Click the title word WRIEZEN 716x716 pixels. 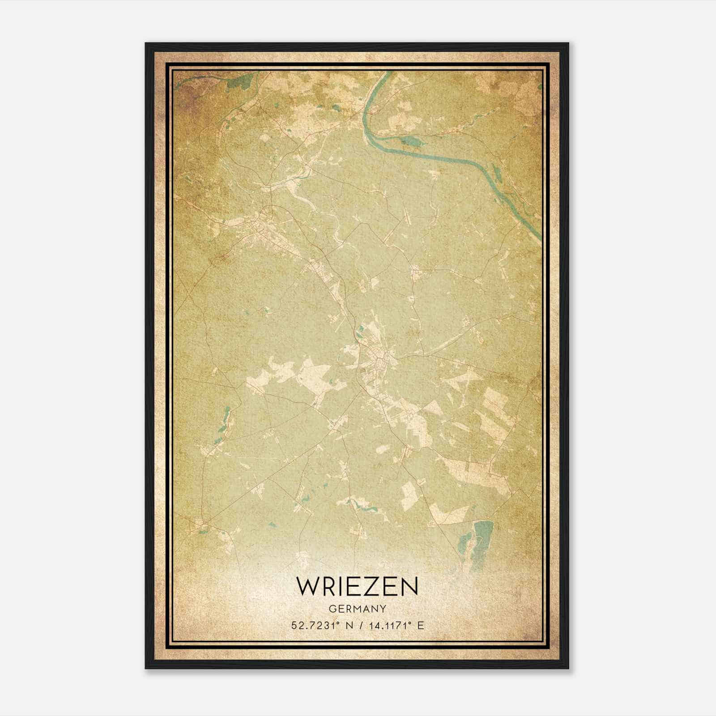tap(357, 586)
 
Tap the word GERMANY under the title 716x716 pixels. tap(357, 609)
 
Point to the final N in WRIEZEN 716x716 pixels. tap(409, 586)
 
